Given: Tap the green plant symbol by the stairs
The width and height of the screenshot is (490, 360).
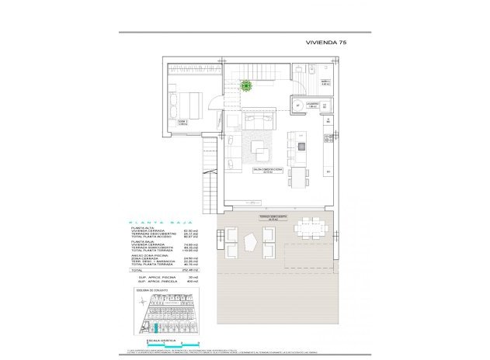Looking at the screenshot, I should coord(246,85).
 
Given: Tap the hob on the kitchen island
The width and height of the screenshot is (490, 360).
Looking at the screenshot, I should coord(301,146).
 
